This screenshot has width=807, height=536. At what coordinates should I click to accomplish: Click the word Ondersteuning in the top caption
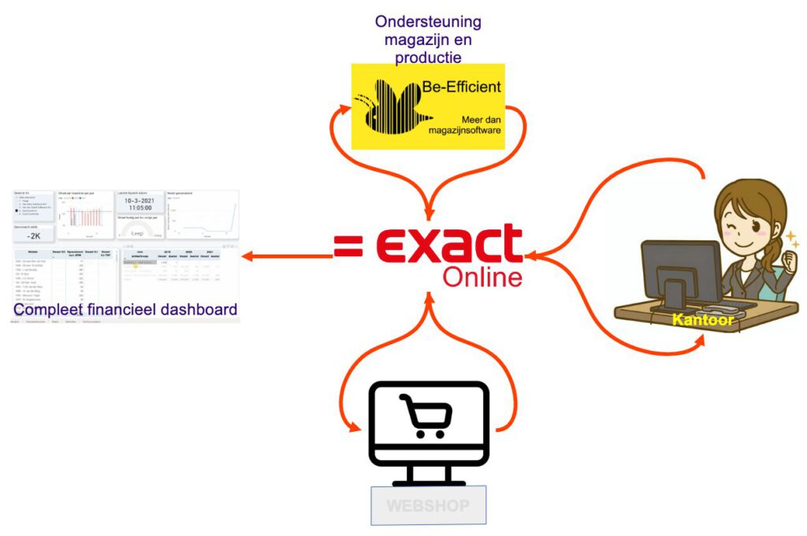click(x=428, y=21)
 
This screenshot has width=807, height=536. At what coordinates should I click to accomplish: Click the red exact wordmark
click(x=449, y=244)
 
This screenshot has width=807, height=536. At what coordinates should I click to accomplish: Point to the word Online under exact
click(x=482, y=277)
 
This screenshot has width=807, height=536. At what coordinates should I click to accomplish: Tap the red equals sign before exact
click(x=348, y=246)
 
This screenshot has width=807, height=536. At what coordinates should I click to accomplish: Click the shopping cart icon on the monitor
click(x=426, y=415)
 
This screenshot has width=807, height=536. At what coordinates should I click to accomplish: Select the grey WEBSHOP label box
click(x=429, y=504)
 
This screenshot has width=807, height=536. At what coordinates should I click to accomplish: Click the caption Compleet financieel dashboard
click(x=125, y=310)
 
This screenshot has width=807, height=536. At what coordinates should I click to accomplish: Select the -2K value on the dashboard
click(x=33, y=234)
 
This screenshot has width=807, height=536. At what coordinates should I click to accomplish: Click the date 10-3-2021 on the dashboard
click(x=139, y=202)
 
